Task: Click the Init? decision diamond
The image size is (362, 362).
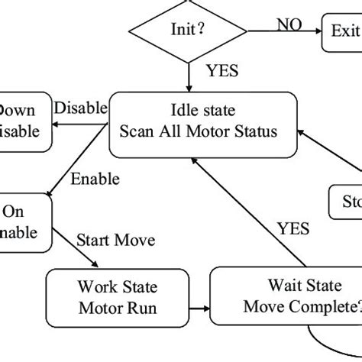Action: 188,31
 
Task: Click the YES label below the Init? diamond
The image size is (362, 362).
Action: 222,72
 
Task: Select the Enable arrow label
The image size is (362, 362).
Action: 95,180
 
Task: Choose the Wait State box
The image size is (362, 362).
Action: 288,298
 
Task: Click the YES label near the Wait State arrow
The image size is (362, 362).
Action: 293,228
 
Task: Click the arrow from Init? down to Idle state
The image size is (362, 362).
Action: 188,76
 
